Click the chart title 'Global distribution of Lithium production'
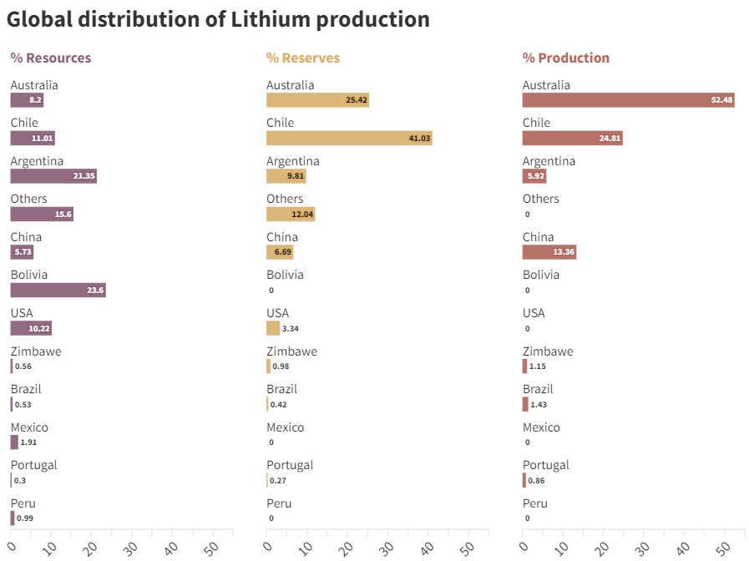coord(218,19)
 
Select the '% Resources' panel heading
coord(51,58)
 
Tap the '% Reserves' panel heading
coord(303,58)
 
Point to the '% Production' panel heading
coord(566,58)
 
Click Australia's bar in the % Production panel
coord(628,100)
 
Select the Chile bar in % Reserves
coord(349,138)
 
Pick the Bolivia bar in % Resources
coord(58,291)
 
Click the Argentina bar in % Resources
coord(53,176)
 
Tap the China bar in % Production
coord(549,252)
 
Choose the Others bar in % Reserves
coord(291,215)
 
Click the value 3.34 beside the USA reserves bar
coord(291,329)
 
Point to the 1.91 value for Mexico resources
coord(28,442)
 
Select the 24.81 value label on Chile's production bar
coord(610,139)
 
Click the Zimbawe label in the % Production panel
coord(548,351)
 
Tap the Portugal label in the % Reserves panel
coord(290,465)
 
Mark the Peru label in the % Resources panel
coord(23,503)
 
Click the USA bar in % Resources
coord(31,328)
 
